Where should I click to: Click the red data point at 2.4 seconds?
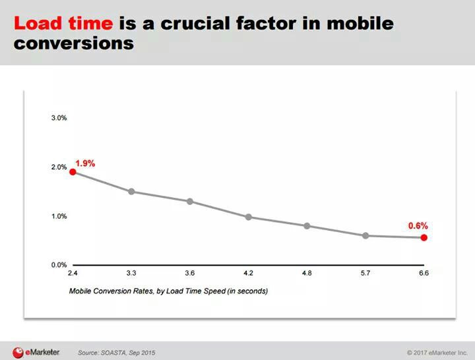[73, 172]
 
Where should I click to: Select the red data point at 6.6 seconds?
[424, 237]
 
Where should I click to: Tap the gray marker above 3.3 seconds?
[131, 192]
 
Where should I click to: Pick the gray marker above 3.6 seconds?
[190, 201]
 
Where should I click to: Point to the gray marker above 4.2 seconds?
[249, 217]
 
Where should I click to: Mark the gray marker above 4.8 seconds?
[307, 226]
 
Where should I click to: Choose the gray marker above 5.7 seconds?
[365, 235]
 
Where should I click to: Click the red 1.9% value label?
[85, 164]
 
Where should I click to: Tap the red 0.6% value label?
[418, 226]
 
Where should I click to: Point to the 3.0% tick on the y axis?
[59, 118]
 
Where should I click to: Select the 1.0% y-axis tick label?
[59, 216]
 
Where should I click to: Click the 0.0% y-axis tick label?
[59, 265]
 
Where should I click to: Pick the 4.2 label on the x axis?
[249, 273]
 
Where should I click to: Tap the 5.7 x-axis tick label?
[365, 273]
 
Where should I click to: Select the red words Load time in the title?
[63, 23]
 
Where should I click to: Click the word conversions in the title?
[74, 44]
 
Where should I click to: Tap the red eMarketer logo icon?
[18, 353]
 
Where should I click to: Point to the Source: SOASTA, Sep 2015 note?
[117, 353]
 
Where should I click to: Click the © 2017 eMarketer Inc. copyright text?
[437, 353]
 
